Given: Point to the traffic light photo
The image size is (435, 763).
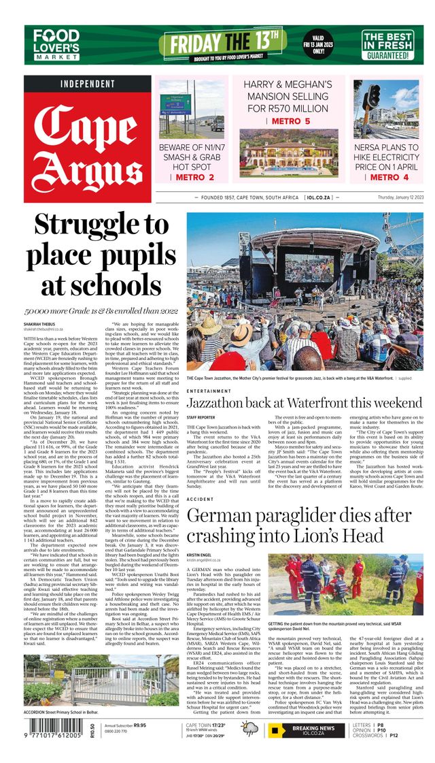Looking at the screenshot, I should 385,109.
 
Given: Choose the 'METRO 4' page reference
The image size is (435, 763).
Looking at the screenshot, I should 387,177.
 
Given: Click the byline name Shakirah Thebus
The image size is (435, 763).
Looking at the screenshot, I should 40,323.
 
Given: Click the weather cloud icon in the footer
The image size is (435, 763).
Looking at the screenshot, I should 250,728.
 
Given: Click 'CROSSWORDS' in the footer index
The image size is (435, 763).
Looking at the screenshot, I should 369,736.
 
